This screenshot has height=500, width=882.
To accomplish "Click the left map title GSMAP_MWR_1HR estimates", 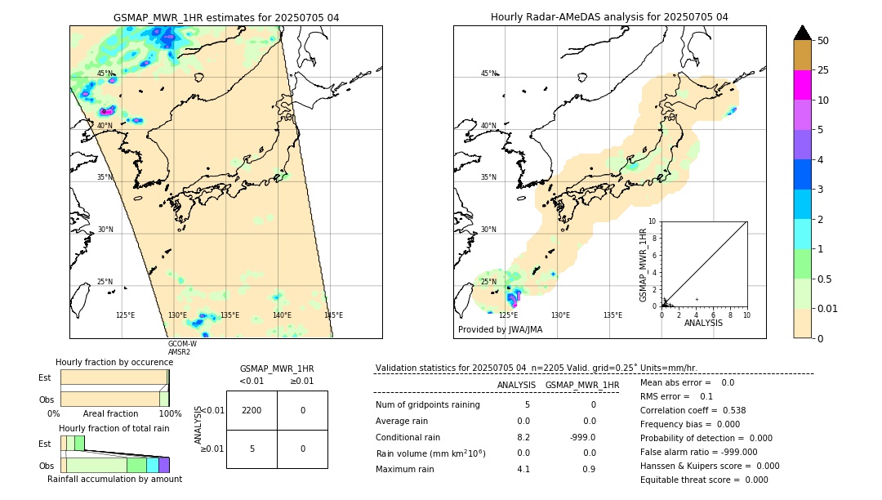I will pyautogui.click(x=225, y=17).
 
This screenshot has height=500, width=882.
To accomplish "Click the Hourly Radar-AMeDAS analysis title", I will pyautogui.click(x=609, y=17).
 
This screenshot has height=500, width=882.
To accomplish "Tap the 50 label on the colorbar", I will pyautogui.click(x=823, y=41).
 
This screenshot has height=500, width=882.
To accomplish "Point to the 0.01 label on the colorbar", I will pyautogui.click(x=828, y=308).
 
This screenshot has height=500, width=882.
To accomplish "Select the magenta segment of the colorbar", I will pyautogui.click(x=802, y=85).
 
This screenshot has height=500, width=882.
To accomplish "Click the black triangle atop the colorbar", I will pyautogui.click(x=802, y=33).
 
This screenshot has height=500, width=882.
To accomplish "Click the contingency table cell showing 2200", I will pyautogui.click(x=252, y=410).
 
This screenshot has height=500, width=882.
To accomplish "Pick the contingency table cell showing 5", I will pyautogui.click(x=252, y=449).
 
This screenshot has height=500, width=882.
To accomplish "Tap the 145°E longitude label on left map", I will pyautogui.click(x=333, y=315).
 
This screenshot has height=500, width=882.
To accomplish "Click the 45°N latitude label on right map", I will pyautogui.click(x=488, y=74).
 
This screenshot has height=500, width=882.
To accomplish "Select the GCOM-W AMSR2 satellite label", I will pyautogui.click(x=182, y=348).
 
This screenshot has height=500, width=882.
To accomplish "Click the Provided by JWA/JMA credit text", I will pyautogui.click(x=500, y=330).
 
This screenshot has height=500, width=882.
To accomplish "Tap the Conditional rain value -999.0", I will pyautogui.click(x=582, y=437).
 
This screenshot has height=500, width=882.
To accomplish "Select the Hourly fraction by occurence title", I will pyautogui.click(x=114, y=362).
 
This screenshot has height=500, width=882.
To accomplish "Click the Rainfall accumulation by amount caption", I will pyautogui.click(x=114, y=479).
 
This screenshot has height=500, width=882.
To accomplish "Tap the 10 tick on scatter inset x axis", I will pyautogui.click(x=746, y=315).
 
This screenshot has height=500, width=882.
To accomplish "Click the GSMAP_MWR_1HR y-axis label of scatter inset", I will pyautogui.click(x=643, y=265).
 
